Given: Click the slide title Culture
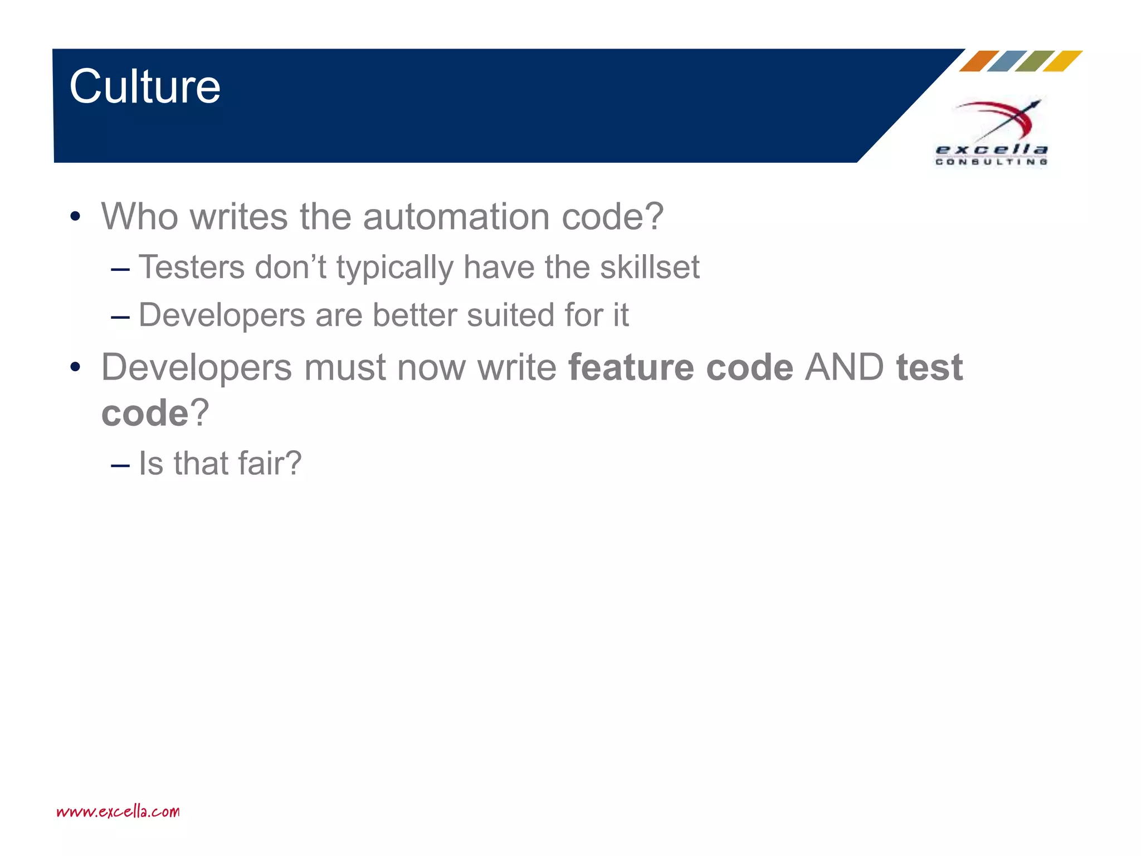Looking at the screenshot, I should click(145, 86).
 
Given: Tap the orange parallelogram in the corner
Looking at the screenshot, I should click(978, 61).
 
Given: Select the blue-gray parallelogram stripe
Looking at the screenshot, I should click(1006, 61).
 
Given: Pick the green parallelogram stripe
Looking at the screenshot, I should click(1034, 61).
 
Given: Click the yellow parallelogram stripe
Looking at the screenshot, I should click(1062, 61).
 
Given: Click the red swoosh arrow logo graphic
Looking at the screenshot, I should click(1000, 119).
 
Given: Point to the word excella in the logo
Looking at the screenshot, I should click(992, 149).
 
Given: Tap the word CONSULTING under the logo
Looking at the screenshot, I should click(992, 162).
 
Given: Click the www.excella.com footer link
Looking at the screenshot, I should click(118, 811).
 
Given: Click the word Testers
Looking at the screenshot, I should click(192, 267).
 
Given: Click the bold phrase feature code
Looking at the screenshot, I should click(680, 368).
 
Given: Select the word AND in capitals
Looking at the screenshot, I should click(844, 368).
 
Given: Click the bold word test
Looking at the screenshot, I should click(929, 368).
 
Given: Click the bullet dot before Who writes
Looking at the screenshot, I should click(75, 217).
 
